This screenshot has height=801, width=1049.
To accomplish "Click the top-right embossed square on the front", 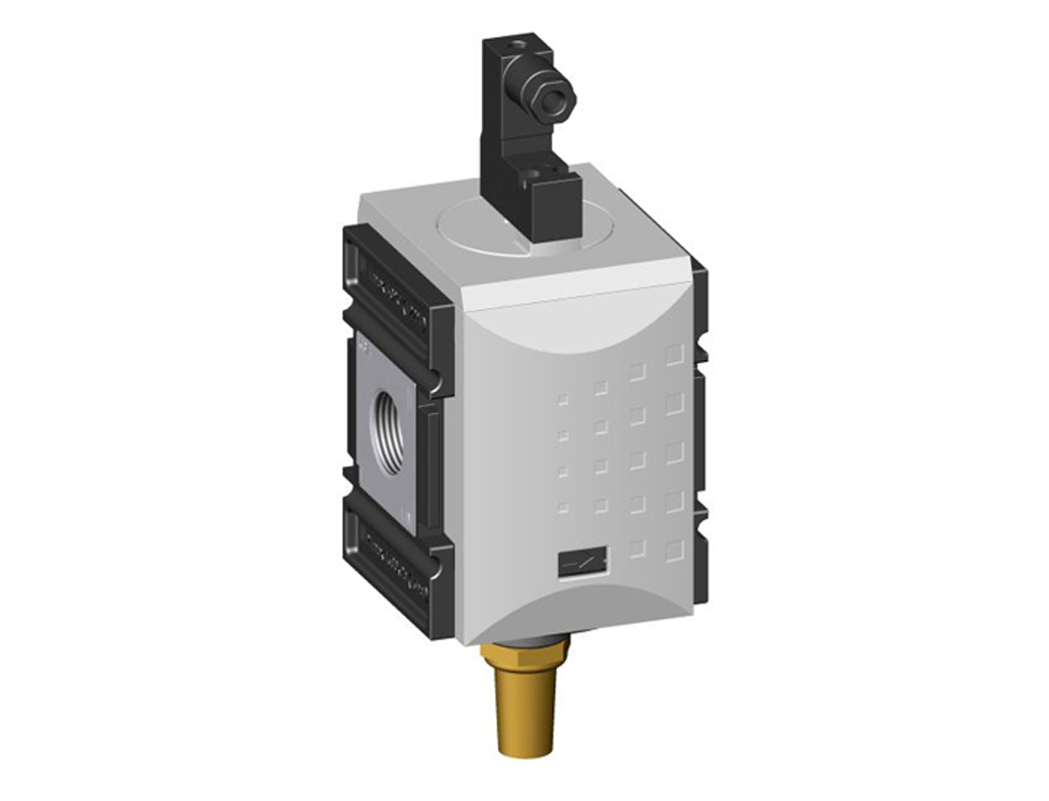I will (675, 353).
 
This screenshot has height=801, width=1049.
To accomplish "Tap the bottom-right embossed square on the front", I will (675, 548).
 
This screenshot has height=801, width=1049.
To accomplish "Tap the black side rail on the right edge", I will (701, 439).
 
